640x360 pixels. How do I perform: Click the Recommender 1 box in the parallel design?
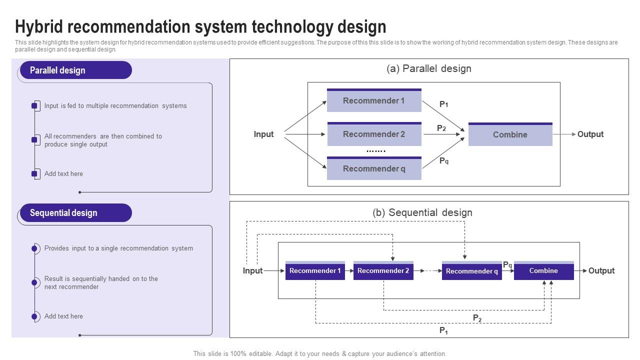(x=374, y=100)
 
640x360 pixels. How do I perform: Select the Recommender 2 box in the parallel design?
(x=374, y=134)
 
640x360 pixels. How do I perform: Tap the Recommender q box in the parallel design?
(x=374, y=169)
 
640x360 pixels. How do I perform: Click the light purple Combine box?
(x=510, y=135)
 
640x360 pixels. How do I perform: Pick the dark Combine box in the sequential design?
(x=543, y=271)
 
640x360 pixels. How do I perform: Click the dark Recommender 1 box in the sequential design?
(x=315, y=271)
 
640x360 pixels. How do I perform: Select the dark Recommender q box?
(x=471, y=271)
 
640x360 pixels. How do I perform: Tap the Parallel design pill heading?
(x=75, y=70)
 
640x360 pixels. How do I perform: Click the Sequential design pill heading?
(x=75, y=213)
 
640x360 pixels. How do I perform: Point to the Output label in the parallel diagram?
(x=590, y=134)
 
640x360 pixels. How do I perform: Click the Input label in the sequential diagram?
(x=252, y=271)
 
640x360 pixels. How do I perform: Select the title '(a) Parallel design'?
(x=428, y=69)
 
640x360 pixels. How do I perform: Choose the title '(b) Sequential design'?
(x=422, y=212)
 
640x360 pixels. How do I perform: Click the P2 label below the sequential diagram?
(x=477, y=318)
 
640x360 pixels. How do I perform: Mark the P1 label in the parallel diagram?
(x=443, y=104)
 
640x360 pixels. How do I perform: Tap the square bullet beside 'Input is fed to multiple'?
(x=34, y=105)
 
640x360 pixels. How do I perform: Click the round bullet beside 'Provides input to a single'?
(x=34, y=248)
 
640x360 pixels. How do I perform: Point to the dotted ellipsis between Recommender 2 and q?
(x=376, y=151)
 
